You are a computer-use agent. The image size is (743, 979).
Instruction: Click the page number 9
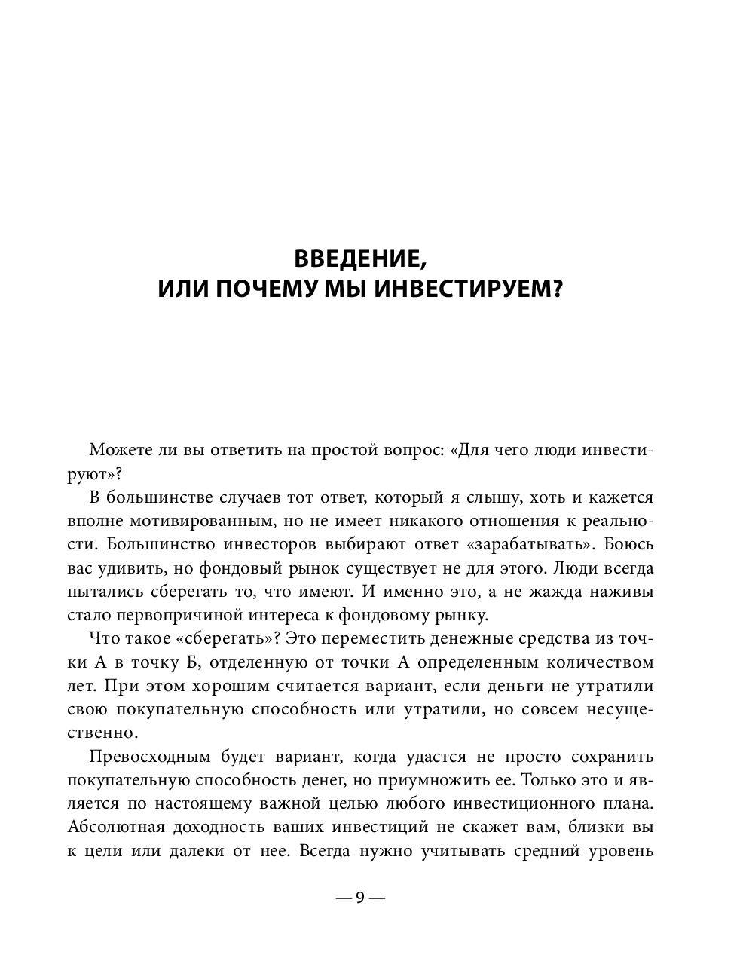[359, 898]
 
